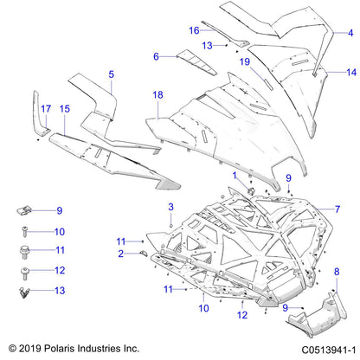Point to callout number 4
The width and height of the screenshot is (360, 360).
tap(350, 32)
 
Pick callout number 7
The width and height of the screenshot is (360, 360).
tap(156, 57)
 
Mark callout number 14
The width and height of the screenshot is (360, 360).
tap(338, 209)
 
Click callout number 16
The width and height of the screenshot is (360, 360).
tap(195, 29)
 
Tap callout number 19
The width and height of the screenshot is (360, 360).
tap(245, 62)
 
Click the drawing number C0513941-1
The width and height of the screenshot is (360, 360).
tap(320, 349)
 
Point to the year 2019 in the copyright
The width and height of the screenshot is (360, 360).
tap(28, 349)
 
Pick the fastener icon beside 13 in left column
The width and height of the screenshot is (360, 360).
tap(26, 293)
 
